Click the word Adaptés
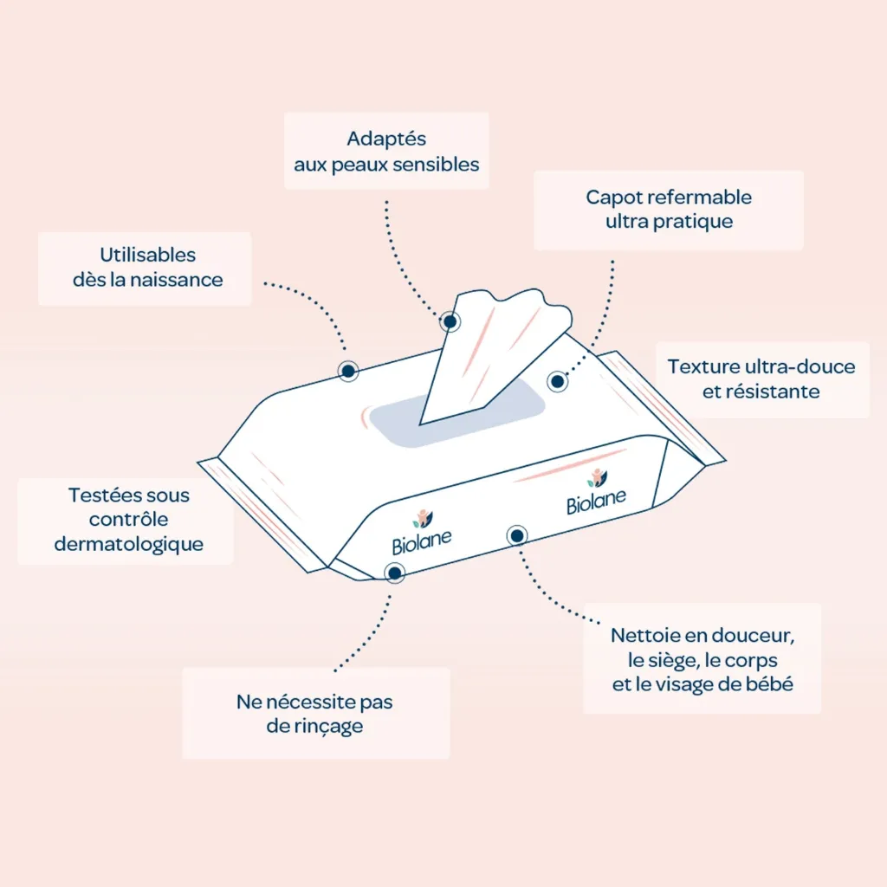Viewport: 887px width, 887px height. point(386,139)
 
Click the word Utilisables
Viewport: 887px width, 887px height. point(147,255)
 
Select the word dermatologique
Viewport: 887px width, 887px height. point(129,544)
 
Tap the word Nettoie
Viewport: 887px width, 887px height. point(644,636)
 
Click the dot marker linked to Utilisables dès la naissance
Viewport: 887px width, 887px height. point(348,371)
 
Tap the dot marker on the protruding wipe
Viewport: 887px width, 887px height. point(450,322)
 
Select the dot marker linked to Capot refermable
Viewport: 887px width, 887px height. point(557,382)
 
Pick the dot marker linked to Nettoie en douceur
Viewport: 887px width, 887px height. point(516,535)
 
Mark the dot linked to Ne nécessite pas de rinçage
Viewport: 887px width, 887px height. point(394,573)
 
